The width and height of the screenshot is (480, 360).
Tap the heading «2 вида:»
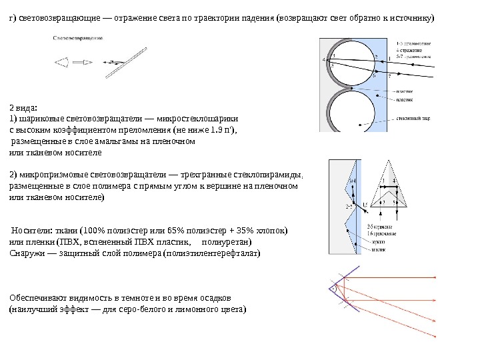coord(23,107)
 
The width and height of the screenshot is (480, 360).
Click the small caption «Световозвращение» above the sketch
coord(77,37)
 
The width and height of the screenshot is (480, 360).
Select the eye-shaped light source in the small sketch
coord(62,62)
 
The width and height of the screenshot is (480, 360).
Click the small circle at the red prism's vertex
coord(331,289)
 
